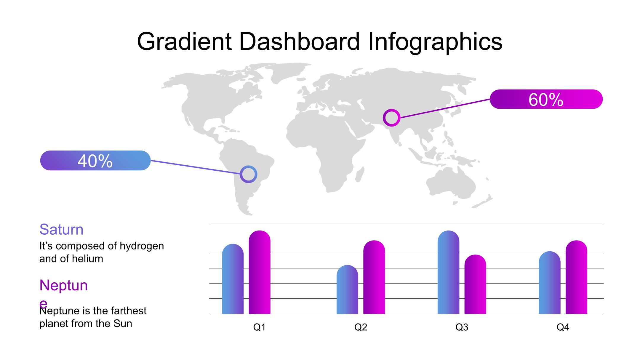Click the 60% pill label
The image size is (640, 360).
pyautogui.click(x=546, y=99)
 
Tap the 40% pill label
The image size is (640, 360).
pyautogui.click(x=95, y=161)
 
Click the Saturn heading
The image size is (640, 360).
pyautogui.click(x=61, y=229)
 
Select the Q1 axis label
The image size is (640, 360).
pyautogui.click(x=259, y=327)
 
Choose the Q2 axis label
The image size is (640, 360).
pyautogui.click(x=361, y=327)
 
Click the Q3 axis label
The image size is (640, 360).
pyautogui.click(x=462, y=327)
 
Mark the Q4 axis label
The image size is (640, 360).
pyautogui.click(x=563, y=327)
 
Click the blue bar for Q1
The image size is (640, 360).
pyautogui.click(x=233, y=279)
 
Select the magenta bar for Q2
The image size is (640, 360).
pyautogui.click(x=374, y=277)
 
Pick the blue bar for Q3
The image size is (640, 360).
pyautogui.click(x=449, y=272)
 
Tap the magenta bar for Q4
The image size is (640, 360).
pyautogui.click(x=577, y=277)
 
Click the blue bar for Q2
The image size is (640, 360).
pyautogui.click(x=347, y=289)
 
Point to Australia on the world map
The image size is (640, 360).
pyautogui.click(x=450, y=182)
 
